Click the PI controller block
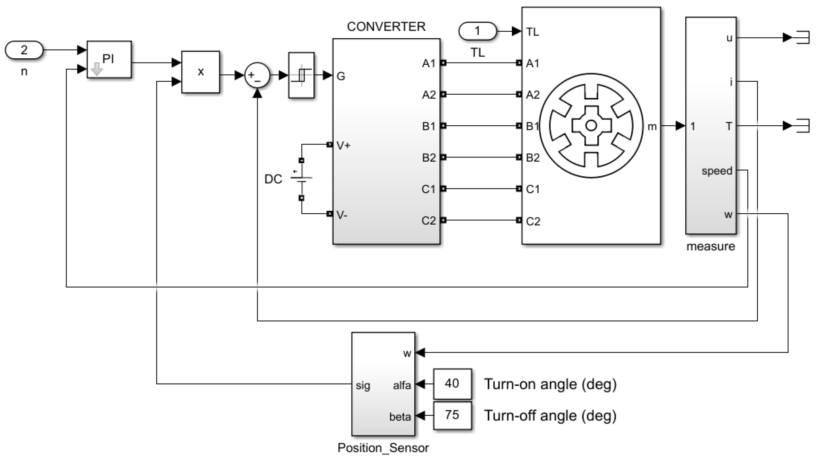pyautogui.click(x=109, y=60)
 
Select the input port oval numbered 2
pyautogui.click(x=24, y=50)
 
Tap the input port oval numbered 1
pyautogui.click(x=477, y=31)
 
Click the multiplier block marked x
pyautogui.click(x=200, y=72)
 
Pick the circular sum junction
pyautogui.click(x=257, y=76)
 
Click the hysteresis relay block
pyautogui.click(x=301, y=75)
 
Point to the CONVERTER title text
pyautogui.click(x=386, y=27)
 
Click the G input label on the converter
pyautogui.click(x=341, y=76)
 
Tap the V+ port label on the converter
pyautogui.click(x=343, y=145)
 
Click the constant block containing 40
pyautogui.click(x=452, y=384)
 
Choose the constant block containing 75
pyautogui.click(x=452, y=415)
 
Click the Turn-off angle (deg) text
pyautogui.click(x=550, y=416)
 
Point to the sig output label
pyautogui.click(x=363, y=386)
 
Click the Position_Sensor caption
pyautogui.click(x=383, y=448)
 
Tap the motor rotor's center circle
pyautogui.click(x=591, y=126)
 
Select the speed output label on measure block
pyautogui.click(x=717, y=171)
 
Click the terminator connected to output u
pyautogui.click(x=801, y=38)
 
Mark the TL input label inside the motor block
pyautogui.click(x=532, y=32)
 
